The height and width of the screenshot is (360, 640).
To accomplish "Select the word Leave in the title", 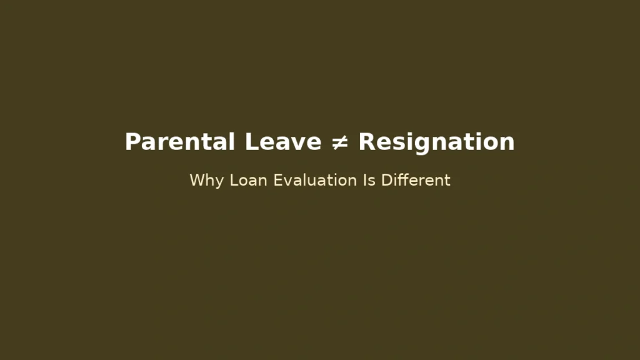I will point(282,142).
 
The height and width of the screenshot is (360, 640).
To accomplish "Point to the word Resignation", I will point(436,142).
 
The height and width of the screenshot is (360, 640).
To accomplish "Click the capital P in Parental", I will point(132,142).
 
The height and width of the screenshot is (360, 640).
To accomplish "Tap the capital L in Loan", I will point(233,181).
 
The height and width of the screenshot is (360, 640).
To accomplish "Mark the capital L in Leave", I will point(251,142).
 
